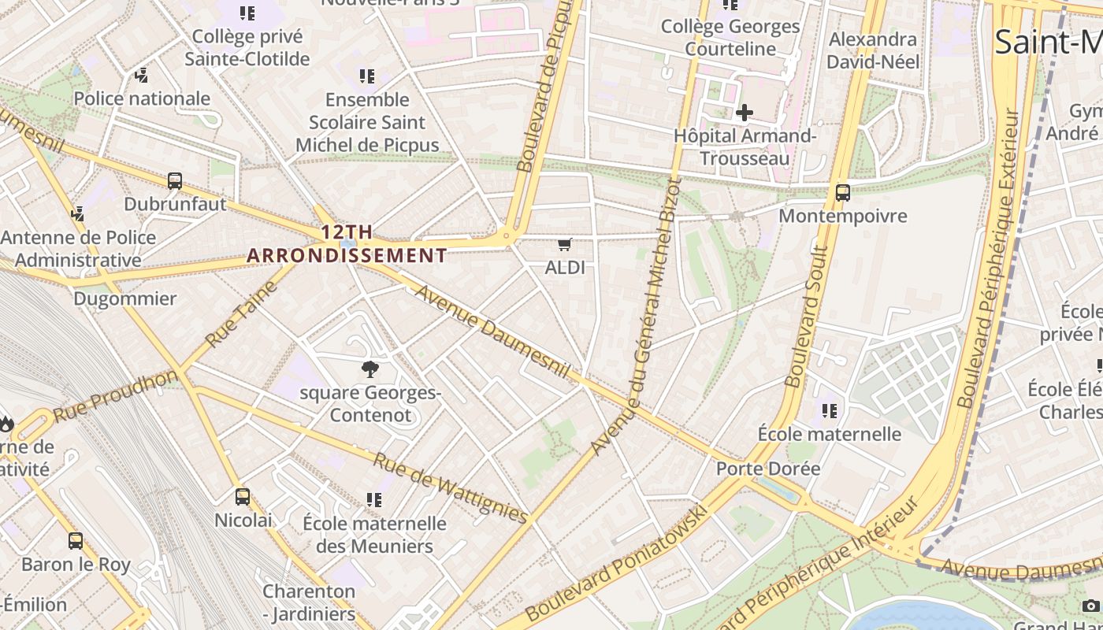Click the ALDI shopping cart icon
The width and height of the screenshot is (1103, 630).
(x=564, y=245)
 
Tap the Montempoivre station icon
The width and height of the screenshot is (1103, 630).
(x=842, y=192)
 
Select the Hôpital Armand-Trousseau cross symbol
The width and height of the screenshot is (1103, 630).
(x=744, y=113)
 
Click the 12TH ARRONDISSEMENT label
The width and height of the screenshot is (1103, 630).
(x=347, y=243)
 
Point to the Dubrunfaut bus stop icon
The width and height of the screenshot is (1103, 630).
(x=175, y=181)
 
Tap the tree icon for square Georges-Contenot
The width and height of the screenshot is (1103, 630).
(x=370, y=369)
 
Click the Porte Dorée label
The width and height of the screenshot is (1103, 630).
(x=767, y=469)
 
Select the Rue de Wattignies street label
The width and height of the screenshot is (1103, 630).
(x=450, y=488)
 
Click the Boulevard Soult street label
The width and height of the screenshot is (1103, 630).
(x=805, y=317)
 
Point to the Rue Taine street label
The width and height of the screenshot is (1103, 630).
(x=243, y=313)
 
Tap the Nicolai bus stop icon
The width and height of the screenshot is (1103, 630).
(x=243, y=497)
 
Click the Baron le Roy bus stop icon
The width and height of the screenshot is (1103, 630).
(x=76, y=541)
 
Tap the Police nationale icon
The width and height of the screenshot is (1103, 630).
(x=142, y=76)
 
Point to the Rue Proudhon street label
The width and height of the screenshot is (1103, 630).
(x=116, y=395)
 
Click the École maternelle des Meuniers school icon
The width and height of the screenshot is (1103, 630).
(x=374, y=500)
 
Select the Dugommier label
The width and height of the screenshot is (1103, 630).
(x=124, y=299)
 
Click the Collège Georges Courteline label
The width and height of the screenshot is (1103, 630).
(x=730, y=37)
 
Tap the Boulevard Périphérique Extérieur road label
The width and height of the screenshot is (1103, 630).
(x=989, y=260)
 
